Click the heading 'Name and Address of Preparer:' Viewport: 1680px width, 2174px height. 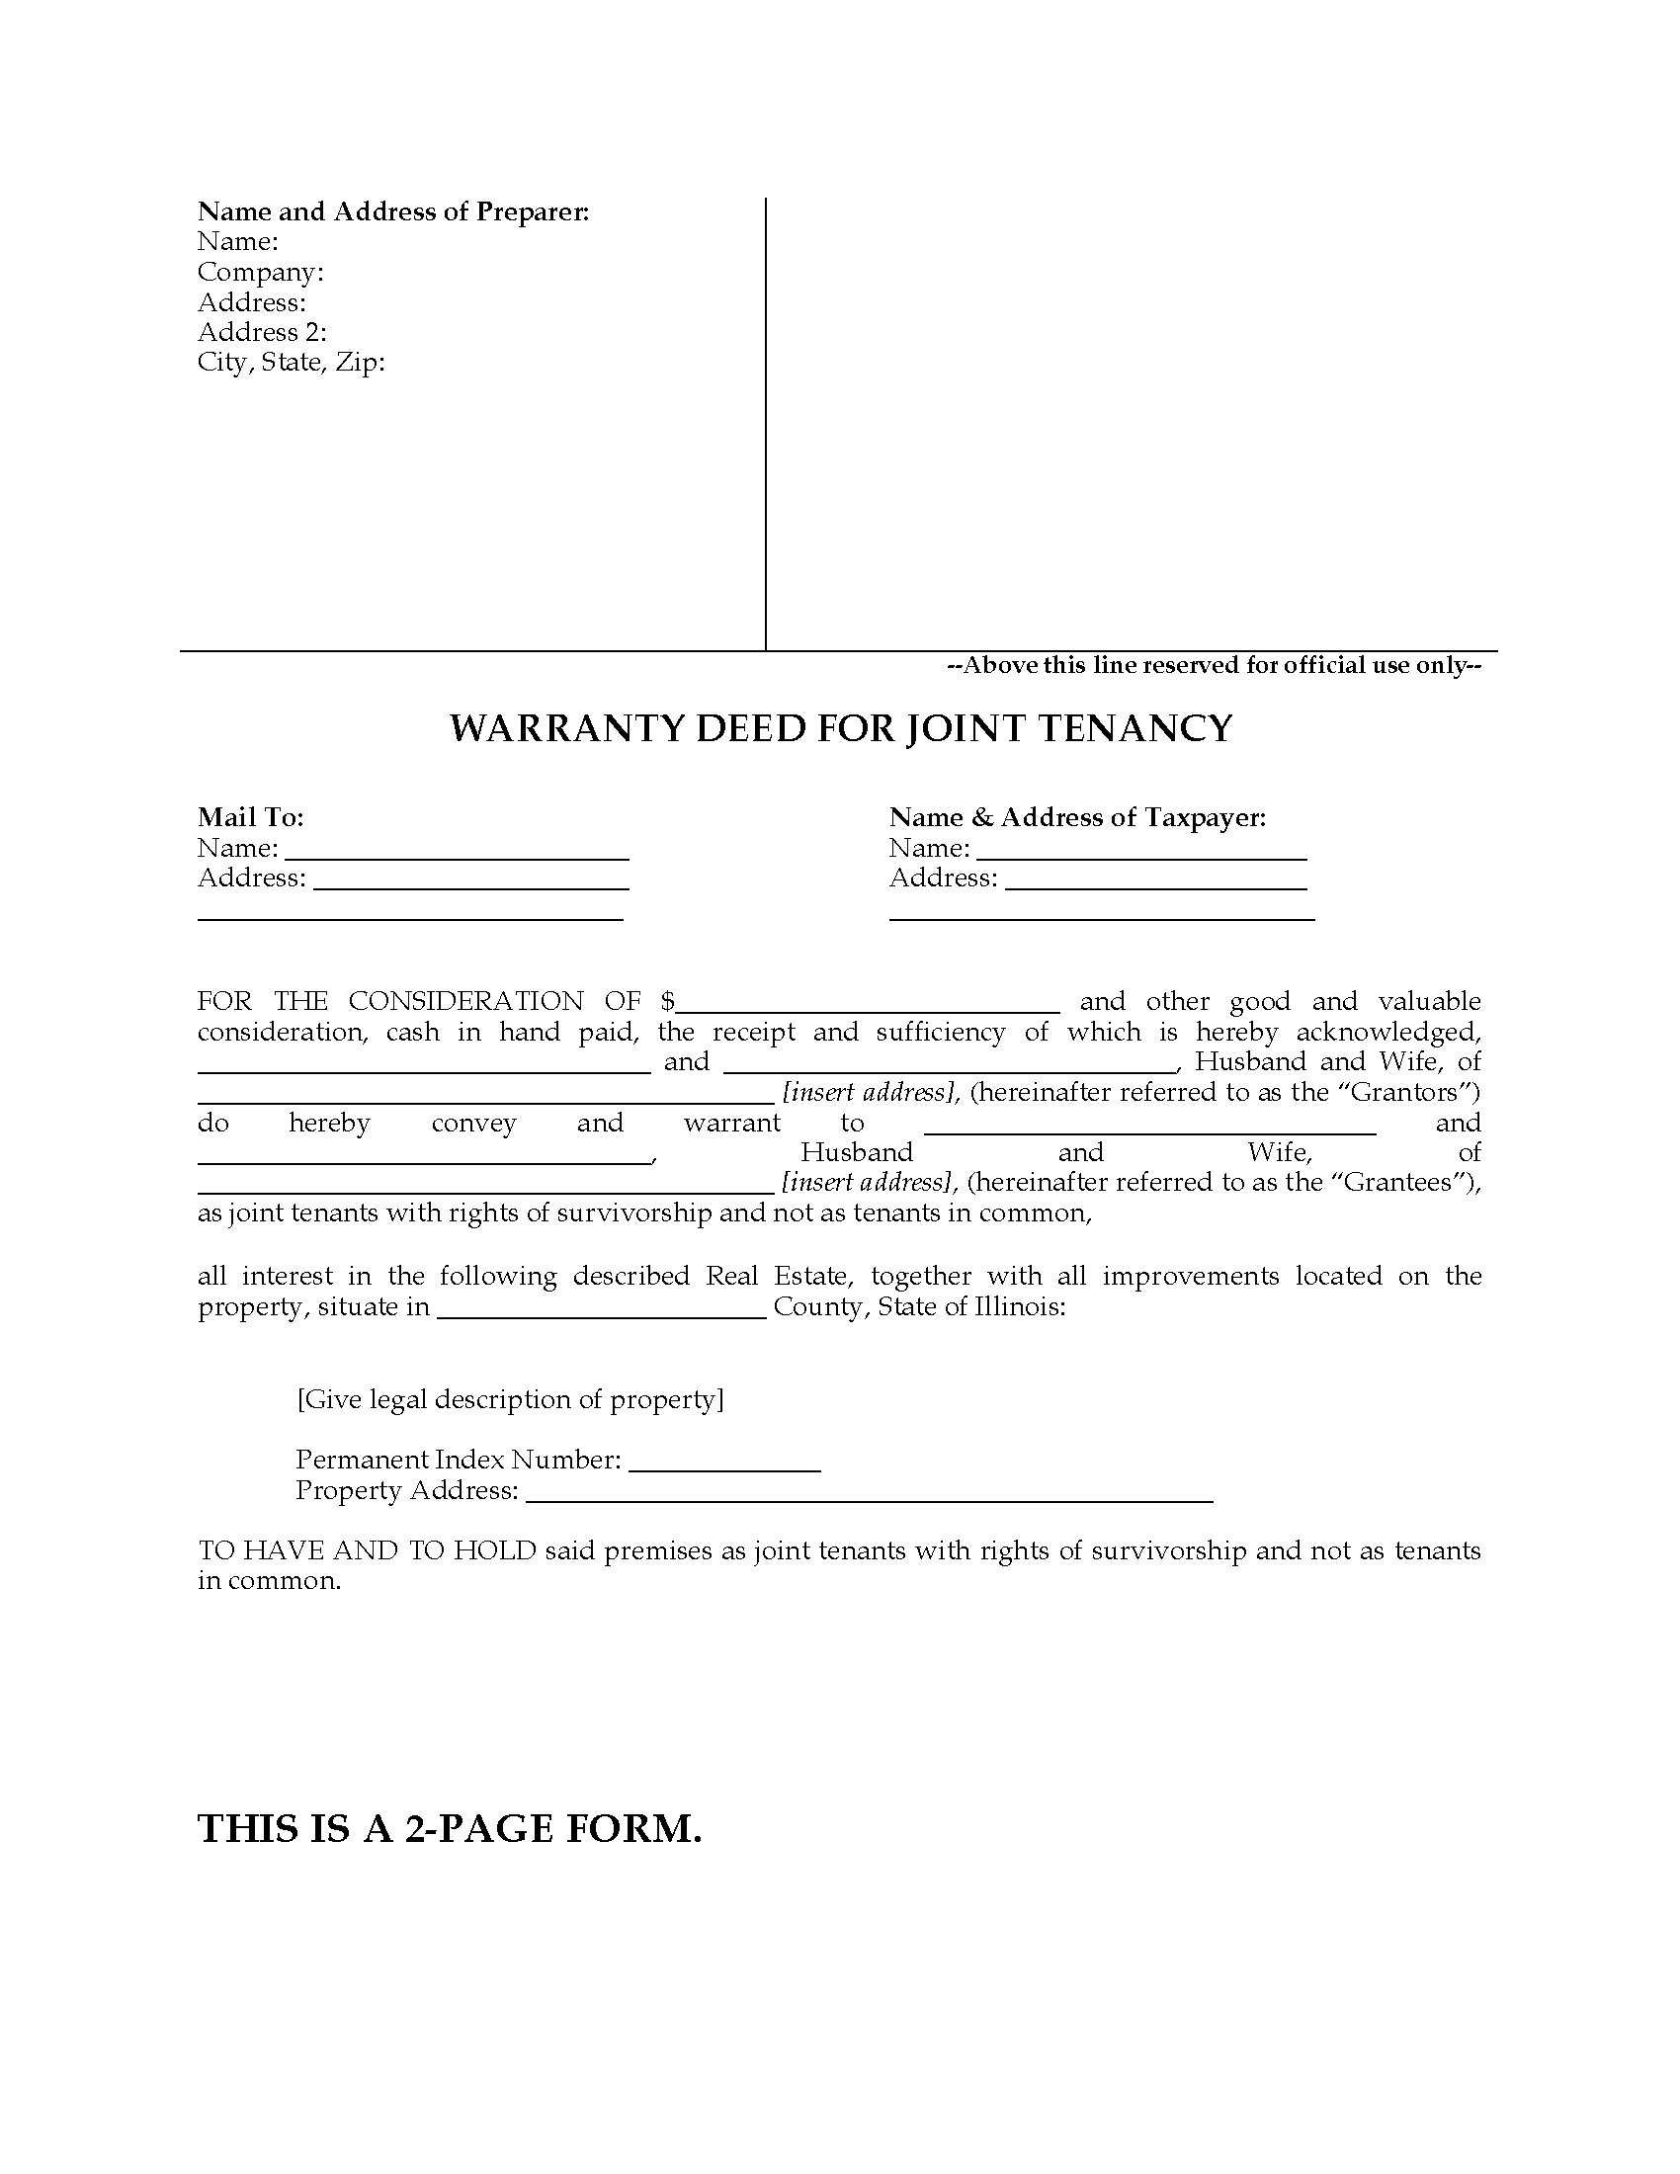[393, 211]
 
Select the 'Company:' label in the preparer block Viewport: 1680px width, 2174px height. [260, 272]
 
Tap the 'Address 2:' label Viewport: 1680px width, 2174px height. [262, 331]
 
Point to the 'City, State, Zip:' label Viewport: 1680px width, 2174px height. [291, 362]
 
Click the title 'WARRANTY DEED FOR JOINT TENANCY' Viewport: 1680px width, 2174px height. [840, 728]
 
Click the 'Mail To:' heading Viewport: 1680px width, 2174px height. [250, 817]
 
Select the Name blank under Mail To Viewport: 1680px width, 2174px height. [457, 850]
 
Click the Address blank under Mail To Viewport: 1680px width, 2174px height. [470, 879]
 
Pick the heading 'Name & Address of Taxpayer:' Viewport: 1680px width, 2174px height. [1077, 817]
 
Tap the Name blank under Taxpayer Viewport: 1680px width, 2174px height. [1141, 850]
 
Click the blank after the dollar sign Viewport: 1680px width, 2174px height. [868, 1002]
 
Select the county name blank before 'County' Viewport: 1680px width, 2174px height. [601, 1308]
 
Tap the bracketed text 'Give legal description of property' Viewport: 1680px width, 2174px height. [511, 1399]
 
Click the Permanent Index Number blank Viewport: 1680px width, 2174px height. [724, 1462]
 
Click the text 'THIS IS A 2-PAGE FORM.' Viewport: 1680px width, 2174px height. [450, 1828]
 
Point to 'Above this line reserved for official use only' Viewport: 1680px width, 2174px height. [1214, 665]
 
